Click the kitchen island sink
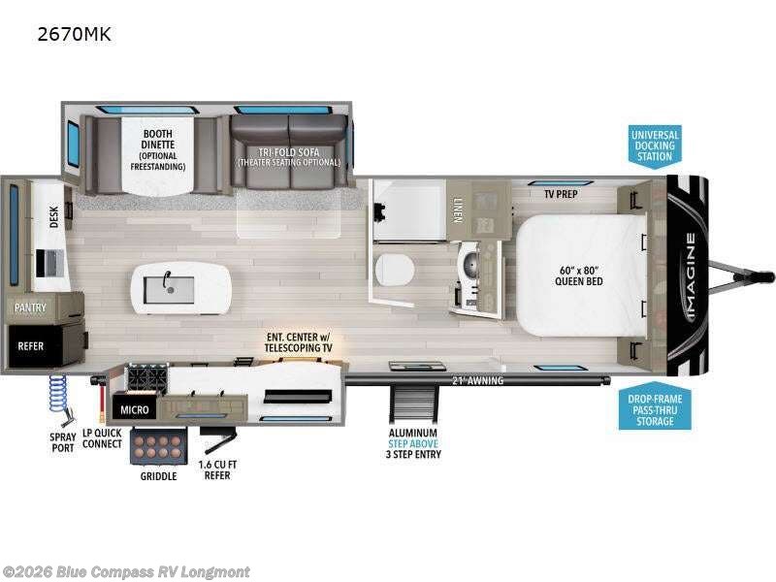[x=170, y=288]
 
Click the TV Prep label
[x=561, y=193]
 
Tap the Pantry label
[x=30, y=307]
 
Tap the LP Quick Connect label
[x=102, y=437]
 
